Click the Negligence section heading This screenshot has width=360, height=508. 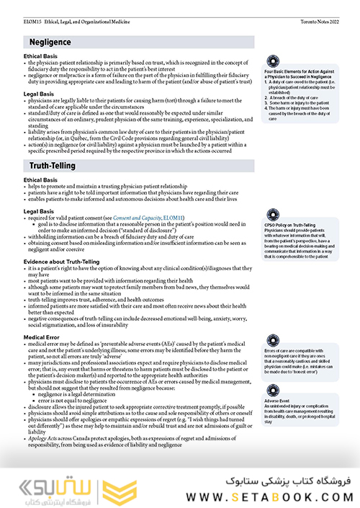[45, 43]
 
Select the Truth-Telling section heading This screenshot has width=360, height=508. [48, 166]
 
